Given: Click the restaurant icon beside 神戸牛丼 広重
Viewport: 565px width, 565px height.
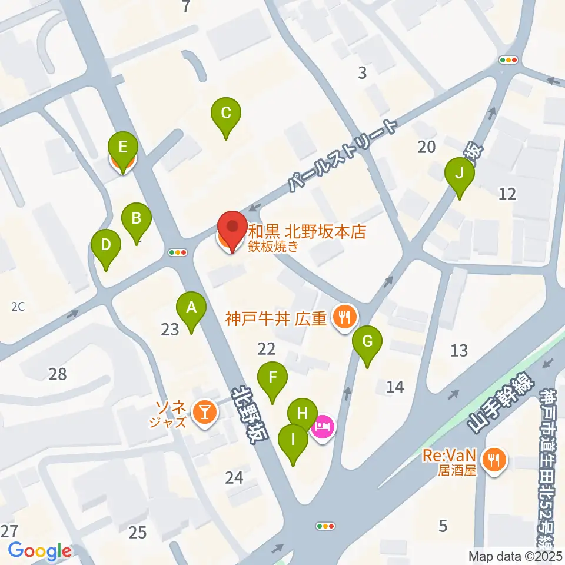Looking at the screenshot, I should [343, 318].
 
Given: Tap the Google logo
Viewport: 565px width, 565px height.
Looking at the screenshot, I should [40, 551].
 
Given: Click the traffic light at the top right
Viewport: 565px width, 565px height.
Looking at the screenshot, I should [508, 60].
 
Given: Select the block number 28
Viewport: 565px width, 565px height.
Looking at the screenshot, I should [58, 374].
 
